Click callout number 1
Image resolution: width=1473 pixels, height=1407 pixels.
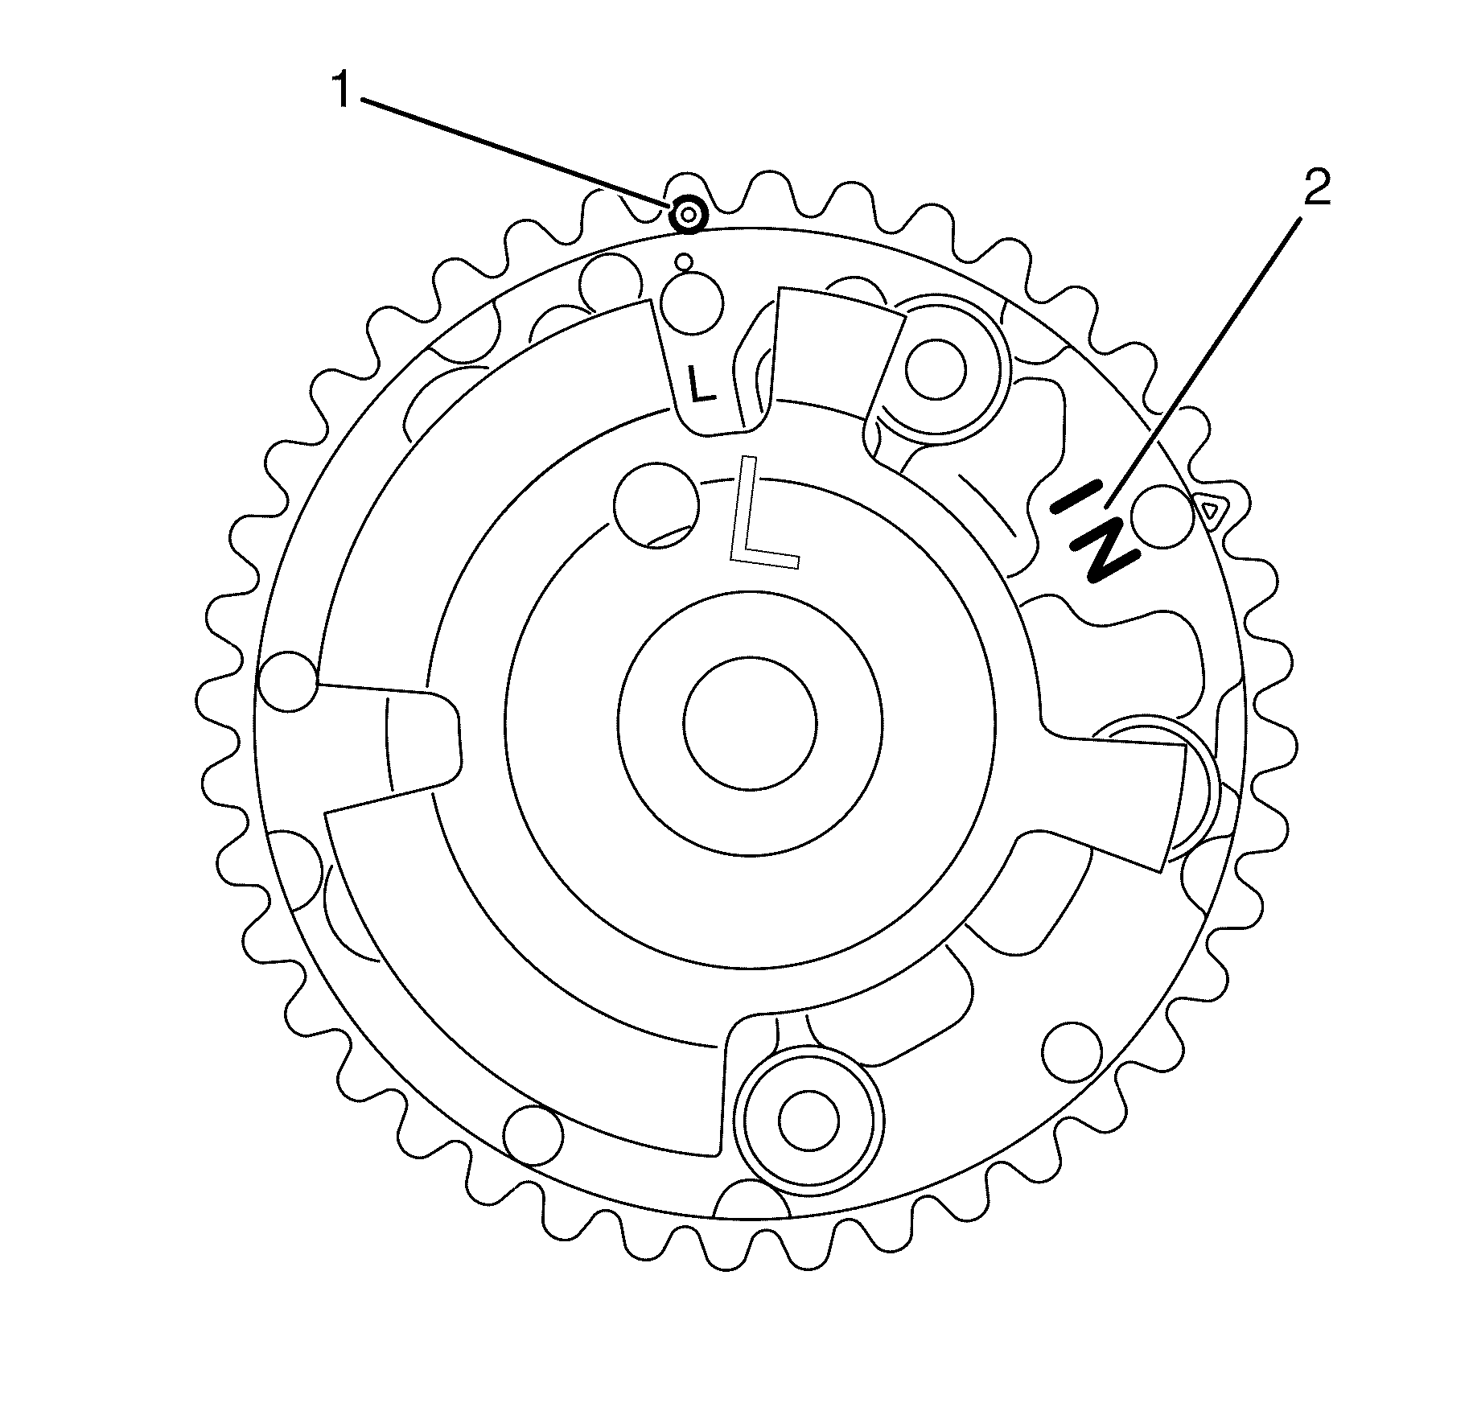tap(344, 91)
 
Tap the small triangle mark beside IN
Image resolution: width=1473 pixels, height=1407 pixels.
tap(1209, 508)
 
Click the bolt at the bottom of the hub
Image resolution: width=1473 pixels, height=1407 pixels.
tap(809, 1121)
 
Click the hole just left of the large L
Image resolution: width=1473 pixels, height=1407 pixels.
tap(656, 504)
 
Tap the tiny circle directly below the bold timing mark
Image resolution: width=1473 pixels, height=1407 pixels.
tap(685, 261)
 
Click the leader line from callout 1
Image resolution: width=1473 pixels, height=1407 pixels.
tap(515, 150)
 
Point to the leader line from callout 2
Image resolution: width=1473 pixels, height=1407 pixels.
tap(1207, 362)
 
